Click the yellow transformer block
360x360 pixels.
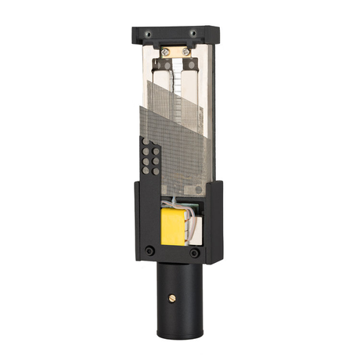(174, 227)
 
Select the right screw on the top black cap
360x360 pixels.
(193, 33)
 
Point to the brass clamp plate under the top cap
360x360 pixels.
(176, 52)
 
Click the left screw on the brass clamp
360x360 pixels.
(165, 52)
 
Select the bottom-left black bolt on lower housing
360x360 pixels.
(149, 251)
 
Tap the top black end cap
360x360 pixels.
(176, 34)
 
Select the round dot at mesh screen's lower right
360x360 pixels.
(198, 189)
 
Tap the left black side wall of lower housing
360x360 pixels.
(143, 219)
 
